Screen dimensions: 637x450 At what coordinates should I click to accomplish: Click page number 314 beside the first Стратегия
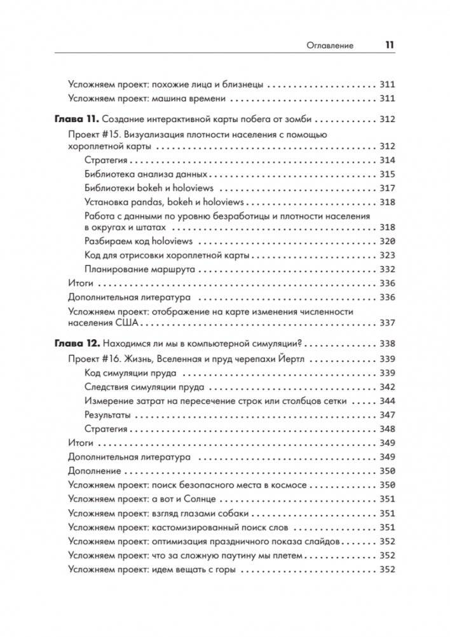click(386, 160)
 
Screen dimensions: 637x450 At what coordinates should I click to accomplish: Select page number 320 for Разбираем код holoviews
click(386, 242)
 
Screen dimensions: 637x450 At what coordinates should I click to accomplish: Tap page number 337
click(386, 323)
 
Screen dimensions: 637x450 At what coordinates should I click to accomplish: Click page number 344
click(386, 400)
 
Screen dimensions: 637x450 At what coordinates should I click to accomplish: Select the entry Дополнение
click(94, 471)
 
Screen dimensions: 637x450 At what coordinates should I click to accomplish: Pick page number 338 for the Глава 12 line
click(386, 342)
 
